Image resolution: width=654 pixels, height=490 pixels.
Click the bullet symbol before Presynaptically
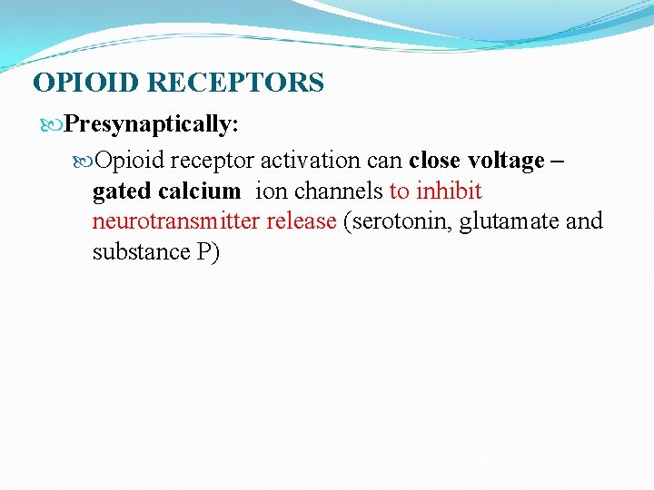56,122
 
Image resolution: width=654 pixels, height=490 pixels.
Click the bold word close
434,162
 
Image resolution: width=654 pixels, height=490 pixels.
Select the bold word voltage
506,162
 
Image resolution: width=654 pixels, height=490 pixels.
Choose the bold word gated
122,191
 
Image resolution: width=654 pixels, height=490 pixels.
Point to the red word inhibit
449,191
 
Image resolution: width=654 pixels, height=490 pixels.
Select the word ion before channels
271,191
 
